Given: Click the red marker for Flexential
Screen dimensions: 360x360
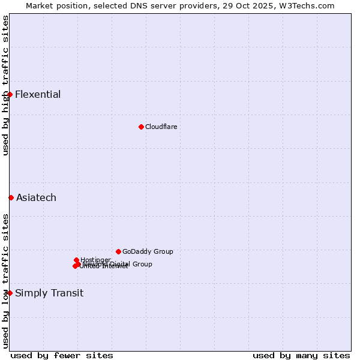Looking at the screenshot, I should click(x=10, y=94).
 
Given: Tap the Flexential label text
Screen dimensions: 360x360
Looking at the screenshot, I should click(x=38, y=94).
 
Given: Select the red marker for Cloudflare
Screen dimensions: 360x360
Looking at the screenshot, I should click(x=141, y=127).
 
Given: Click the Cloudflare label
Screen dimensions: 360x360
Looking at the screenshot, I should click(x=161, y=127).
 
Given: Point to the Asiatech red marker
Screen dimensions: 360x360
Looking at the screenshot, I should click(x=11, y=197).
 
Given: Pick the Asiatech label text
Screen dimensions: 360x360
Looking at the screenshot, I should click(x=36, y=197).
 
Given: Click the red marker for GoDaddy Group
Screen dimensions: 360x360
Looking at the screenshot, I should click(x=118, y=251).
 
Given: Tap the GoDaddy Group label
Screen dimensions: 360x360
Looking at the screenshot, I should click(x=148, y=251).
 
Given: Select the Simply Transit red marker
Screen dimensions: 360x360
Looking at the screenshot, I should click(x=10, y=293).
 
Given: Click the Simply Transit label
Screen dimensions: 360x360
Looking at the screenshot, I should click(x=49, y=293).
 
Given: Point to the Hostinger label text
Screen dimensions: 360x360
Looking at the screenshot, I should click(x=95, y=259).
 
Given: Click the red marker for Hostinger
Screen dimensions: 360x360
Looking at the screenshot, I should click(x=76, y=260).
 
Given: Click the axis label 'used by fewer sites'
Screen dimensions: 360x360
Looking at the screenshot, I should click(x=62, y=355).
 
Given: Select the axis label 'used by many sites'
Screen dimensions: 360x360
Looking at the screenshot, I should click(x=301, y=355).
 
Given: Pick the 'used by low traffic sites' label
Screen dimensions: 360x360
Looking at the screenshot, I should click(x=5, y=281).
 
